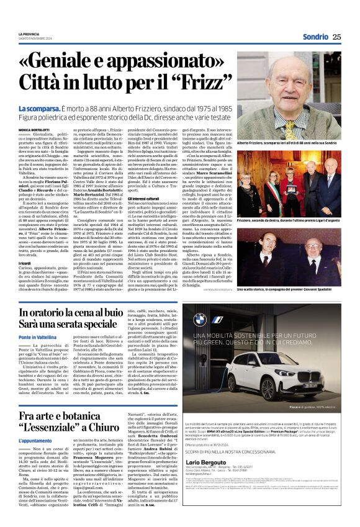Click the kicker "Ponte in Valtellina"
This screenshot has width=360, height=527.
pyautogui.click(x=37, y=336)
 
